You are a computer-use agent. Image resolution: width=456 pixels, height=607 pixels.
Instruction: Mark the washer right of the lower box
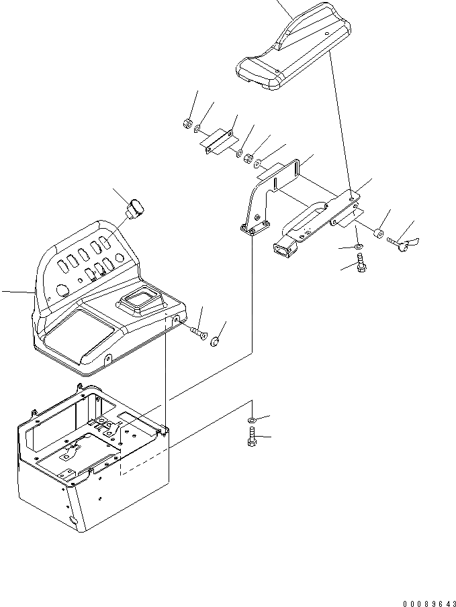[x=250, y=420]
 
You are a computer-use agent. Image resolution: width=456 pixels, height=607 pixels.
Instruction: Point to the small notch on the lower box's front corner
[x=73, y=520]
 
